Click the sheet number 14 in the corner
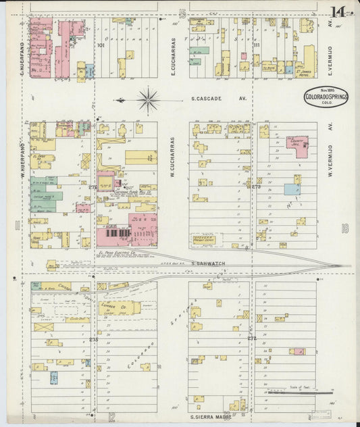(338, 11)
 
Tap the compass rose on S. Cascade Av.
(147, 100)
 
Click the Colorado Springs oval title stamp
(326, 99)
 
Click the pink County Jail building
(297, 143)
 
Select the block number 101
(101, 46)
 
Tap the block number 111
(257, 46)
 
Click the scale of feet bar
(290, 391)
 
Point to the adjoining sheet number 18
(344, 228)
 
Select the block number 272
(251, 338)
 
